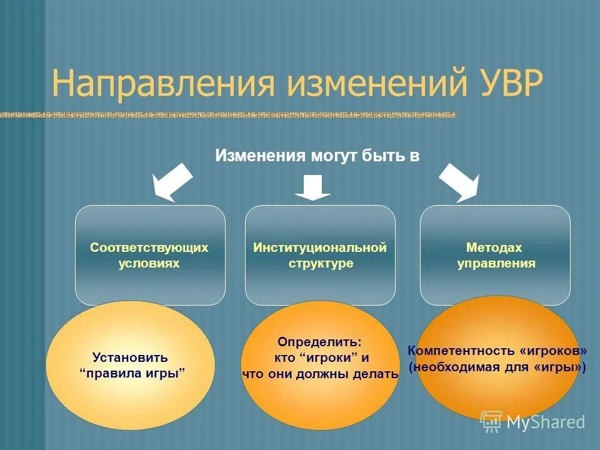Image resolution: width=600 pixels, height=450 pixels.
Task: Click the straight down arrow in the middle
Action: pos(312,187)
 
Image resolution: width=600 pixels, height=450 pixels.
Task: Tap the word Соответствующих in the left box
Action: pos(149,247)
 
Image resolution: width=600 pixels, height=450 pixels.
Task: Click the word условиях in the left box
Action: pos(149,263)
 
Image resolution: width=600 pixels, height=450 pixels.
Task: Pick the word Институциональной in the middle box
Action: pos(320,247)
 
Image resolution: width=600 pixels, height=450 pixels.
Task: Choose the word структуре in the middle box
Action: pos(321,263)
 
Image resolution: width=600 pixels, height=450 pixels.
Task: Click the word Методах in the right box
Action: pos(494,247)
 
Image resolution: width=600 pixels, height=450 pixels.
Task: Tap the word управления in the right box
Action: pos(496,263)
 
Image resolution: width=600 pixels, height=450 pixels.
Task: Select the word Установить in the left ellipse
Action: pos(130,358)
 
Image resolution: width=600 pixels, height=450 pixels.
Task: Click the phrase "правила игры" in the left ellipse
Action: pos(133,374)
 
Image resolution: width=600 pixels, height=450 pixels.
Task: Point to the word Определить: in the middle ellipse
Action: pos(319,342)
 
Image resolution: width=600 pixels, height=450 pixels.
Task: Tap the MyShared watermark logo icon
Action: pos(491,421)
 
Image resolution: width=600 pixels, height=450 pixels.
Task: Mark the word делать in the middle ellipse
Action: pos(377,374)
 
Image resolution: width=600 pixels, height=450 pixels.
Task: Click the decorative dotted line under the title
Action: pos(228,115)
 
